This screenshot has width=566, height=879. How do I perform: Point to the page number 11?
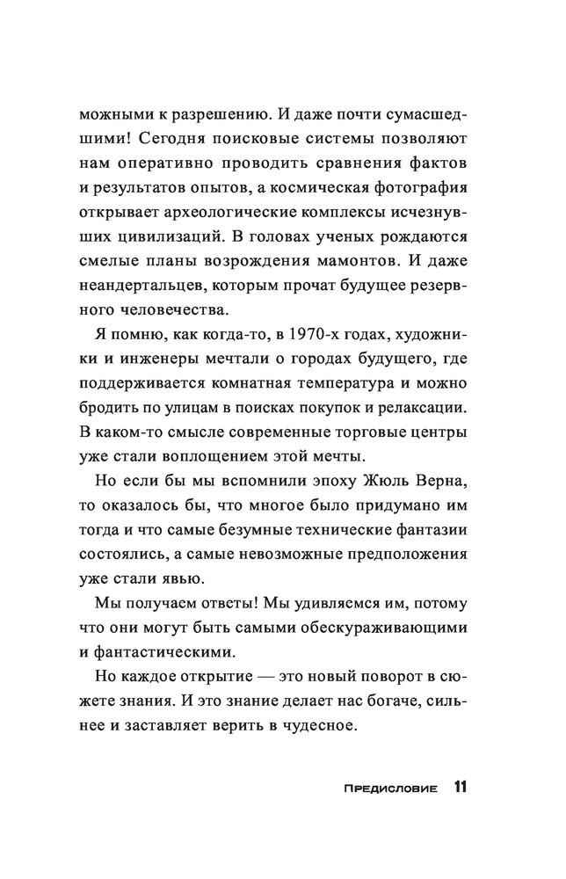click(x=461, y=786)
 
